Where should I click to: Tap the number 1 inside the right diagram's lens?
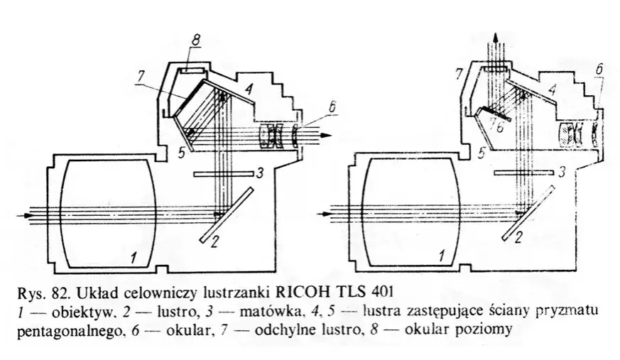(x=443, y=253)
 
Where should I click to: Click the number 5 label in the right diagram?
(x=482, y=153)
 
